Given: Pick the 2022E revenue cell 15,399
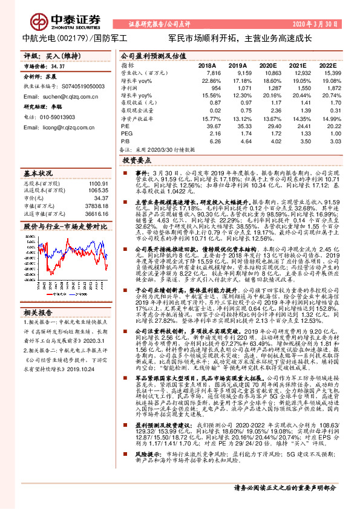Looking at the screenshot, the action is [327, 72].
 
